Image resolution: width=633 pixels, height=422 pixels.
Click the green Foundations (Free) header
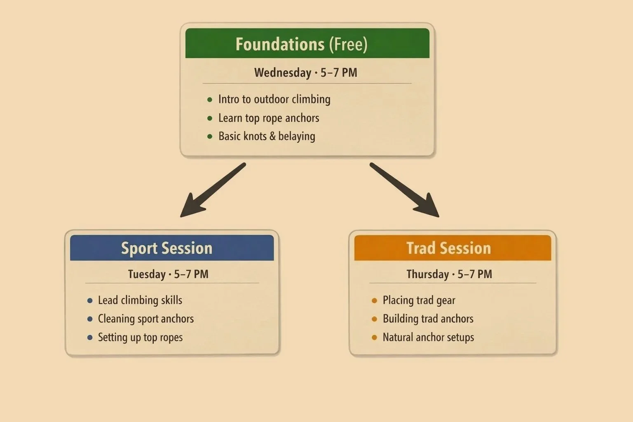pos(307,44)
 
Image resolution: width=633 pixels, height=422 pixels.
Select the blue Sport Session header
pos(172,248)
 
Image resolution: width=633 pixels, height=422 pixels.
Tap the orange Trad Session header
pos(452,248)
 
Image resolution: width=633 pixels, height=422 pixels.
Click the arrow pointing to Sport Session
pos(212,190)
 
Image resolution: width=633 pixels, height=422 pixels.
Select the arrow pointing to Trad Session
pos(405,190)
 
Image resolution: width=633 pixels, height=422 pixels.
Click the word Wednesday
pos(283,73)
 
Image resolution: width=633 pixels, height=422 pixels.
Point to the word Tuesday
pos(147,274)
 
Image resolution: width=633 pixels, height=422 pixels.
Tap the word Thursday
pos(427,274)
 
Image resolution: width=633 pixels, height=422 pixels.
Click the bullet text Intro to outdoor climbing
pos(274,99)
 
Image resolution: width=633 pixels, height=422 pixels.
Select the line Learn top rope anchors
pos(269,118)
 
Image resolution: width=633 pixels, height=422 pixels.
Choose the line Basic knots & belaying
pos(267,136)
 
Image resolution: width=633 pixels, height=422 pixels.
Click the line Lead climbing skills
pos(140,300)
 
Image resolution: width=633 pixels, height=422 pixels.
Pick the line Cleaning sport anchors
pos(146,319)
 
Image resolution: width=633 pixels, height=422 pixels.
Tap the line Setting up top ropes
pos(140,338)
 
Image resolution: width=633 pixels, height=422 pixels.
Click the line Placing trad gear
pos(419,300)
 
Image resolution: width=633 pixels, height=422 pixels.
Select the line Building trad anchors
pos(428,319)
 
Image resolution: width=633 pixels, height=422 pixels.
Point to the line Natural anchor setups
pos(428,338)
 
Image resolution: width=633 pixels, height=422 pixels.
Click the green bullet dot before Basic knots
pos(210,136)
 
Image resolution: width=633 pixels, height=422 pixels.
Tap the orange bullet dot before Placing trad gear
pos(374,300)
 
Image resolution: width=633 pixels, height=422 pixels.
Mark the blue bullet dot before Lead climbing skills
pos(90,300)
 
